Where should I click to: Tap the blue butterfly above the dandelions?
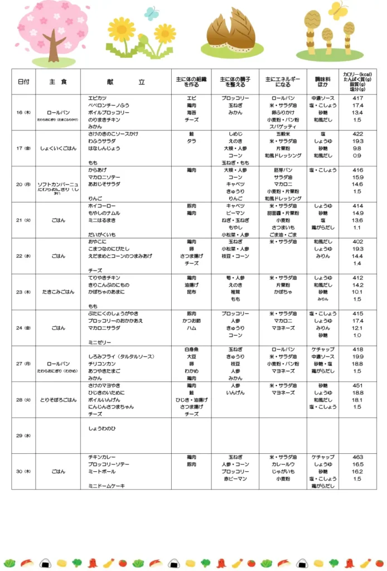(151, 13)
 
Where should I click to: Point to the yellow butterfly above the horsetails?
(337, 10)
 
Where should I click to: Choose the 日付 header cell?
(23, 82)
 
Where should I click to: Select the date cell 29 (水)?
(23, 435)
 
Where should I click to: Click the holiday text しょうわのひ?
(103, 428)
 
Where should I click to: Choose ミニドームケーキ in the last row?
(106, 486)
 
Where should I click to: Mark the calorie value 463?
(357, 457)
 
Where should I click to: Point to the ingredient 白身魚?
(191, 350)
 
